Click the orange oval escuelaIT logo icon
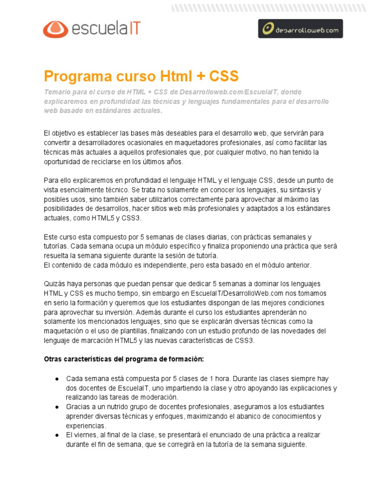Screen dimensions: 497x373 (55, 29)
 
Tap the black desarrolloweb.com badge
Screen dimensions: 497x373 (300, 29)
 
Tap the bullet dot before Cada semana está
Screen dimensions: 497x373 (57, 379)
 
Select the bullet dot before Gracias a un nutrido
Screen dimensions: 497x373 (57, 407)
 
